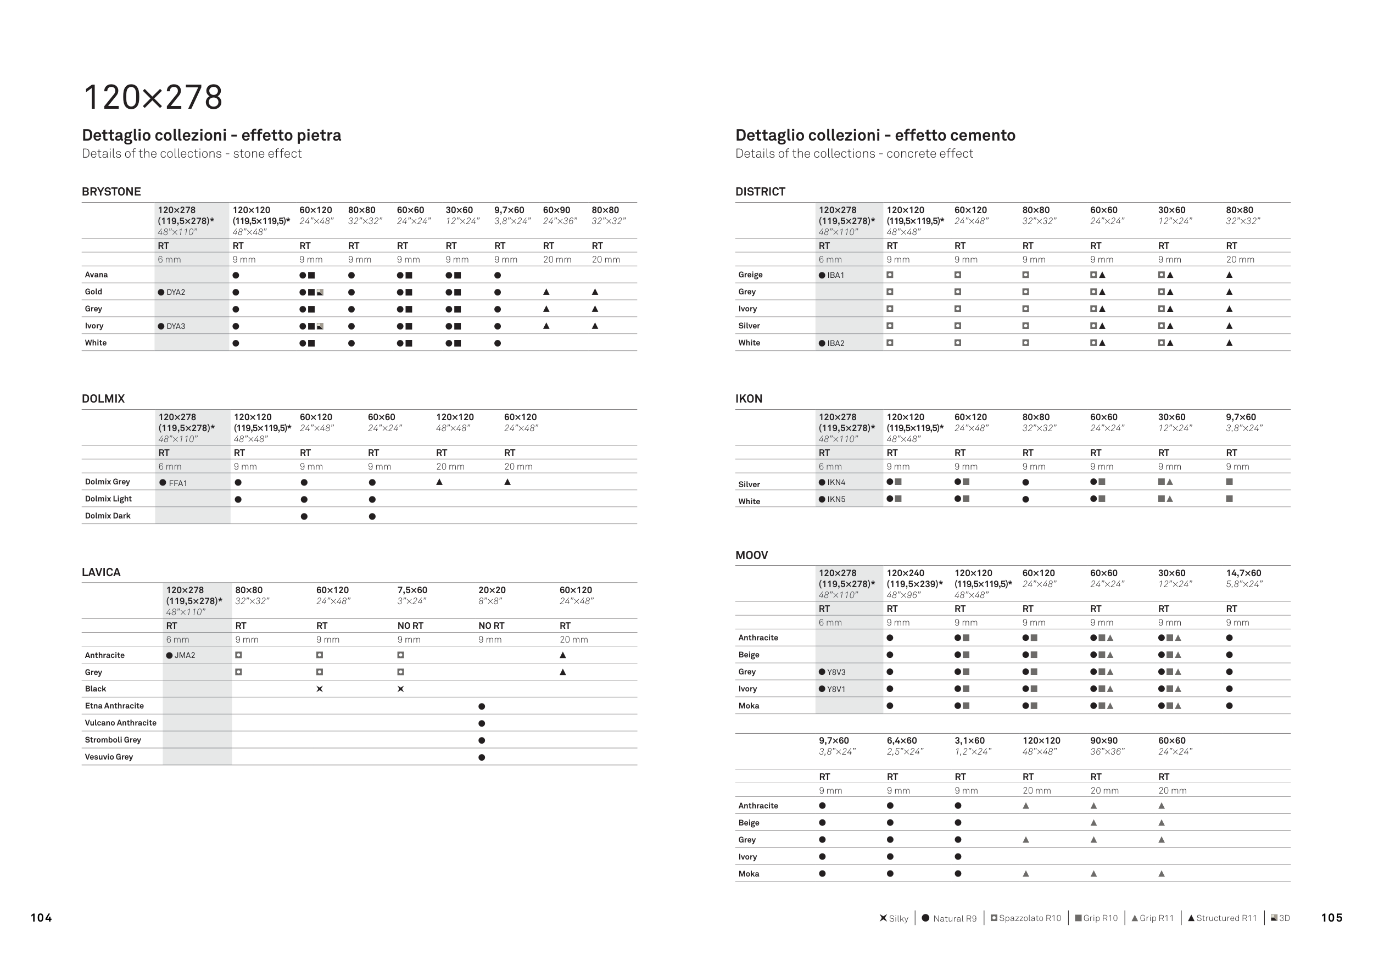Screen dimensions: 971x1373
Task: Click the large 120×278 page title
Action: (x=153, y=97)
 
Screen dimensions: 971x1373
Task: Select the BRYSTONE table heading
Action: (x=111, y=192)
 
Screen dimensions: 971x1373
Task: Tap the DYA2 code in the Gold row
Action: (x=176, y=292)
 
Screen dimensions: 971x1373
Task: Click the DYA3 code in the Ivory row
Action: (x=176, y=326)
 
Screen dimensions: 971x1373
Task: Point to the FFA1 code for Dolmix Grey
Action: (x=177, y=483)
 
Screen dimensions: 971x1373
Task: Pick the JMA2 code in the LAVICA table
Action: (x=185, y=655)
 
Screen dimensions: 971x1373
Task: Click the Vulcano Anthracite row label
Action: (x=120, y=723)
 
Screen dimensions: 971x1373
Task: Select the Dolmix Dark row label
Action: (x=108, y=516)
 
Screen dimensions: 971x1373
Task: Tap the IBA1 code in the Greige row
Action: (x=835, y=276)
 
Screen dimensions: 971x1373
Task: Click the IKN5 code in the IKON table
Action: (x=836, y=499)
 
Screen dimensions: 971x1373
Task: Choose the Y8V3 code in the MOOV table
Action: (x=836, y=672)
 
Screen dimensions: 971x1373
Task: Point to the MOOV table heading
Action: (x=752, y=555)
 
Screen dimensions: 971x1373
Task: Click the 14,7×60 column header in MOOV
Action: (x=1243, y=573)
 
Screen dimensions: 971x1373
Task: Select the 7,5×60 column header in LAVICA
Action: (x=412, y=590)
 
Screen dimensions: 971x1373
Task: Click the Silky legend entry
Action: (x=895, y=918)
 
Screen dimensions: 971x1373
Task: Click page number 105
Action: (x=1332, y=918)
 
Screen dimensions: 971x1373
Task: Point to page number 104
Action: (x=41, y=918)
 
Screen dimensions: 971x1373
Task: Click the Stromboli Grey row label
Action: (x=113, y=740)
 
